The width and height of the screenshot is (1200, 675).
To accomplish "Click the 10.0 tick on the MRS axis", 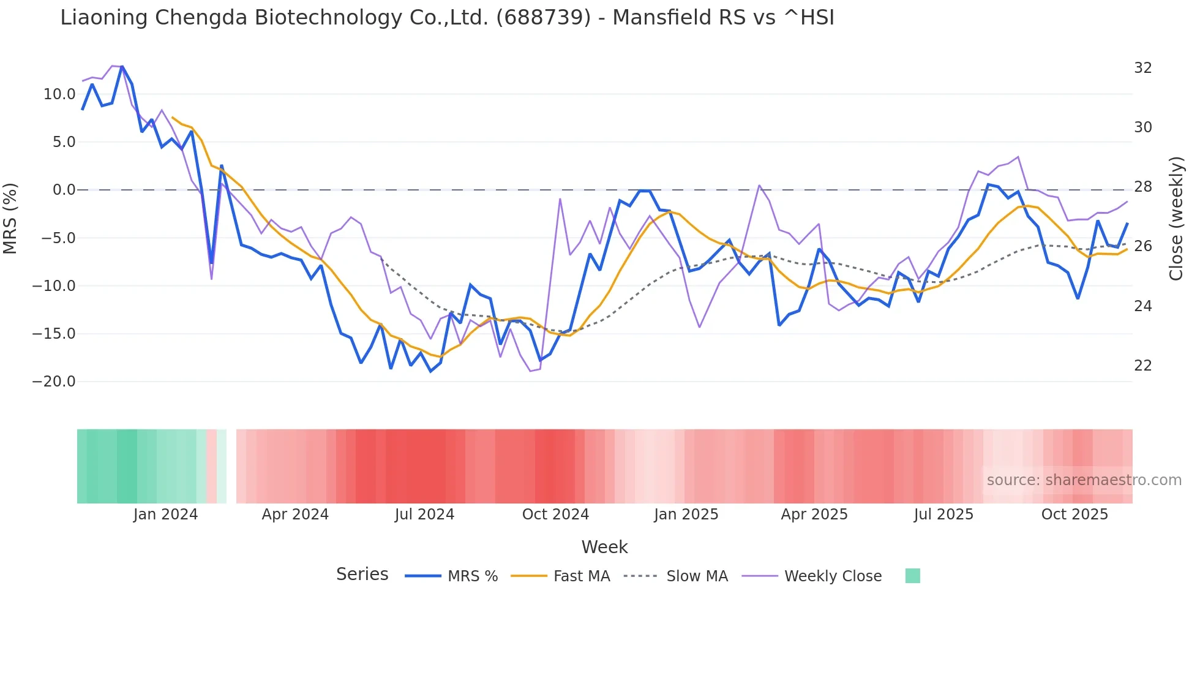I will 59,94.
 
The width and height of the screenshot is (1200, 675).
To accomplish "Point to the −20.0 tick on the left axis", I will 53,382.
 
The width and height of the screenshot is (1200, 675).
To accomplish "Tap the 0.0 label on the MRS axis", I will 64,190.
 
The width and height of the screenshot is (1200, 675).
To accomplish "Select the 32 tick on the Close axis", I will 1142,68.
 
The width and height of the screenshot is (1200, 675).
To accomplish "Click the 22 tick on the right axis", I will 1142,366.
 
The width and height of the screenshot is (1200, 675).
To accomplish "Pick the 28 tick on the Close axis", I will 1142,187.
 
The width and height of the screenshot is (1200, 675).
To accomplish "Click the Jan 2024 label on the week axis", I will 165,515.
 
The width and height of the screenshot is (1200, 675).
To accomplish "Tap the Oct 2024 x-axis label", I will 555,515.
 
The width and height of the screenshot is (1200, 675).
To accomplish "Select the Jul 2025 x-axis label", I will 943,515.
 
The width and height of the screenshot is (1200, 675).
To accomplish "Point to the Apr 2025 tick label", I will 814,515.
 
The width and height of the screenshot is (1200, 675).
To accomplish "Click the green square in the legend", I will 912,576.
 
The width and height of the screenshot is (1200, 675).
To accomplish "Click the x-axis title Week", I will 604,547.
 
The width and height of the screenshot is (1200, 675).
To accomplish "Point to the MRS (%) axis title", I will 10,219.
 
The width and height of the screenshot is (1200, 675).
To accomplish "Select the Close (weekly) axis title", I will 1176,219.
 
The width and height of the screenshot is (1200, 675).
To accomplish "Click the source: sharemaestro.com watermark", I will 1084,480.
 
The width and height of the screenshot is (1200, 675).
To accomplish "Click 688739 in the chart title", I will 543,18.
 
